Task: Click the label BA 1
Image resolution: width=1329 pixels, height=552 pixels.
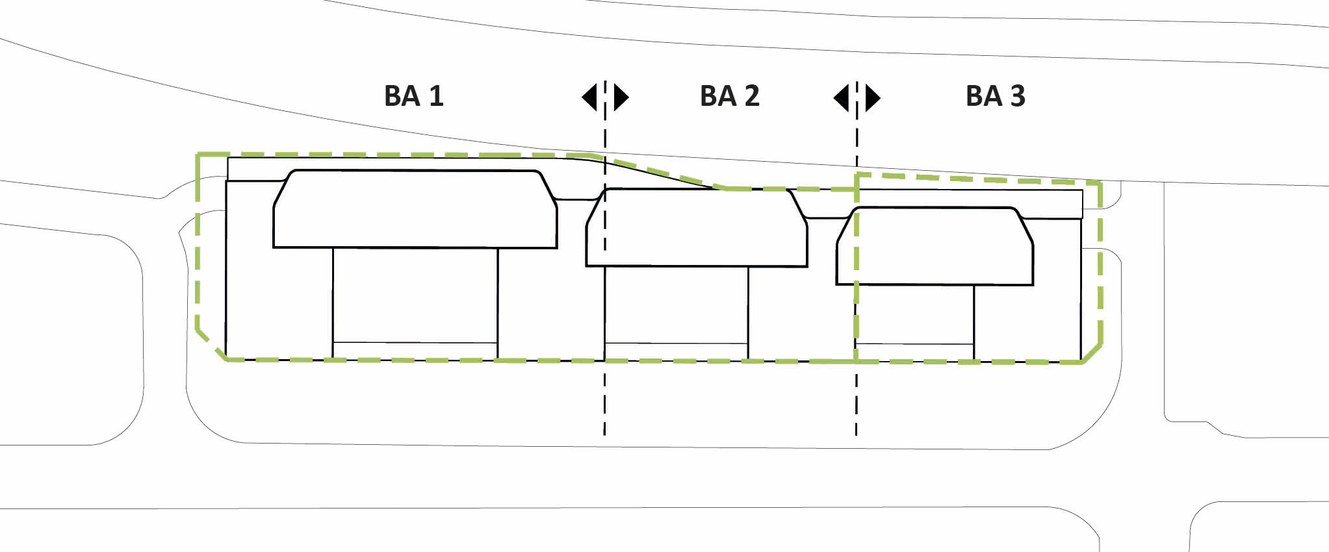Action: point(413,96)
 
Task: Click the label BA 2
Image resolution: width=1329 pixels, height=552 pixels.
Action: point(729,96)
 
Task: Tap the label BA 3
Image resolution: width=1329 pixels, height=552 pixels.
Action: point(995,96)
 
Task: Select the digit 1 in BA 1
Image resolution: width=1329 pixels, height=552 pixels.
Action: point(436,96)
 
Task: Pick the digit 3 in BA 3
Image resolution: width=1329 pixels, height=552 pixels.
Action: point(1017,96)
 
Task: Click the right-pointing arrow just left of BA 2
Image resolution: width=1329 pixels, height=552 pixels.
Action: point(621,97)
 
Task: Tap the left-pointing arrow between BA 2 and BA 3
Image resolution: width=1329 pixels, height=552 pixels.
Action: point(841,97)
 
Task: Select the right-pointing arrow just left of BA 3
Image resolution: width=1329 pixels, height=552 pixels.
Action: point(873,97)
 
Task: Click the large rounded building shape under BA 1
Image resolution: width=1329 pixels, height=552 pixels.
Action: point(415,209)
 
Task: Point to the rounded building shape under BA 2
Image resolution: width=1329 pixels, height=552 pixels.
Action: point(697,227)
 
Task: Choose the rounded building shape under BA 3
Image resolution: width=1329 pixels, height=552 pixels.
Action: point(935,245)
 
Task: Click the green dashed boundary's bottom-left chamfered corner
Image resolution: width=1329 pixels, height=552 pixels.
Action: point(210,344)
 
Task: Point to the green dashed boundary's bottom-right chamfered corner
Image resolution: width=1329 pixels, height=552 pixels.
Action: point(1092,353)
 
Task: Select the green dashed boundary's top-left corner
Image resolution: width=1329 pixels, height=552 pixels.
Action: point(198,155)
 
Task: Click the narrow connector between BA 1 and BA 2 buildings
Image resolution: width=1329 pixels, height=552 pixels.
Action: point(577,199)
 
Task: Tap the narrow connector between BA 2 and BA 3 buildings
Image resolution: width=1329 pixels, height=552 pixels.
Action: point(827,218)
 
